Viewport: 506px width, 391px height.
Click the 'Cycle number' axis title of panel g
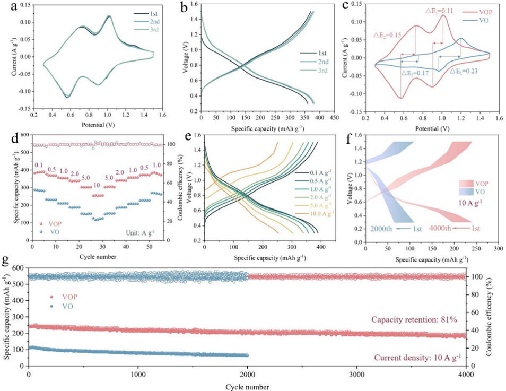[x=247, y=385]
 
